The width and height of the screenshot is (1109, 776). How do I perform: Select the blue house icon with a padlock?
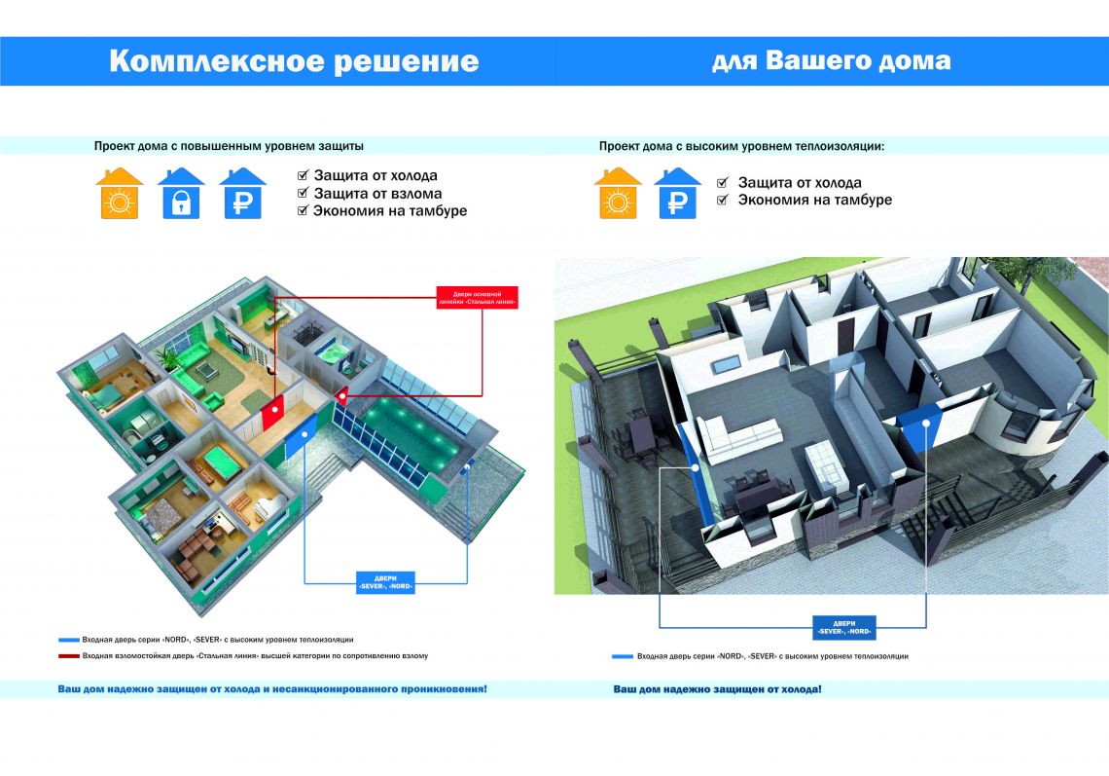pos(181,193)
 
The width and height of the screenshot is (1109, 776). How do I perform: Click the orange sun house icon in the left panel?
pos(120,193)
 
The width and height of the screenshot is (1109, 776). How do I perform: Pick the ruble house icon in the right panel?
pos(678,193)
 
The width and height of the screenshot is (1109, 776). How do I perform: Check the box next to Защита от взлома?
pos(303,194)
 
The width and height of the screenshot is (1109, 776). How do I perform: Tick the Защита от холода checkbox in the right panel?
pos(723,183)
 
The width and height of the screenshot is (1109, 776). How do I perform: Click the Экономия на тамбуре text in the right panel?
pos(814,200)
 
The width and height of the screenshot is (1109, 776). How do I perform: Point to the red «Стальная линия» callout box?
pos(476,297)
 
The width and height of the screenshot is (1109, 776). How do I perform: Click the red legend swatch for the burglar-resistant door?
pos(68,656)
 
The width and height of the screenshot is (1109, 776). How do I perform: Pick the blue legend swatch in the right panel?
pos(622,657)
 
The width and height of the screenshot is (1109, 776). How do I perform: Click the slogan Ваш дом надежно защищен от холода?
pos(717,689)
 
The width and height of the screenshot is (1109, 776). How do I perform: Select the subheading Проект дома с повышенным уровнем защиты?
pos(229,146)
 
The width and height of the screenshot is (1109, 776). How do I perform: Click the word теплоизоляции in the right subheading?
pos(838,146)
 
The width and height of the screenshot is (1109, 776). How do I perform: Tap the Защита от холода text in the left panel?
pos(375,176)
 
